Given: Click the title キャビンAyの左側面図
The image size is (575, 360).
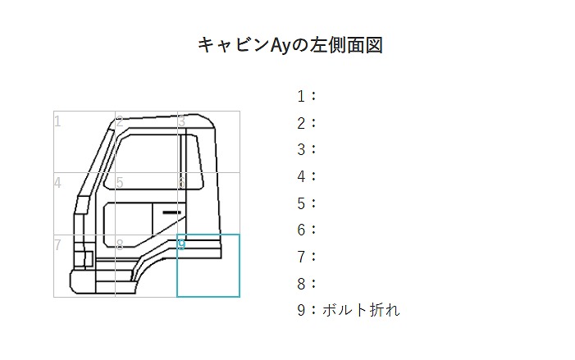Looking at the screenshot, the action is [290, 45].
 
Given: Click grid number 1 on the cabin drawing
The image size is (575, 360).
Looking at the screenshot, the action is [57, 121].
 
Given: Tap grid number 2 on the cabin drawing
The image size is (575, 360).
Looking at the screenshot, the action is [120, 121].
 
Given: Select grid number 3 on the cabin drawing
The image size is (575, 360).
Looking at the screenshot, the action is [181, 121].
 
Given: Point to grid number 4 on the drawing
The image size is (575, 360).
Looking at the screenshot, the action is [57, 183].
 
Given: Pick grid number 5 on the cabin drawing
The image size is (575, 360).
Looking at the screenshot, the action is [120, 183].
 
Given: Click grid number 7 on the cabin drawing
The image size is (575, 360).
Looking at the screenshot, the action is [57, 244].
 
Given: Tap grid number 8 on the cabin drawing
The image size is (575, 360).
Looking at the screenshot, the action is [120, 244].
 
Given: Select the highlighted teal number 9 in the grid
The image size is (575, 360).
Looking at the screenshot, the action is [182, 244].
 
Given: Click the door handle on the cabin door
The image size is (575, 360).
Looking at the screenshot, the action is [171, 212].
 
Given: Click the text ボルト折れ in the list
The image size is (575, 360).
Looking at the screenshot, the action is [361, 310].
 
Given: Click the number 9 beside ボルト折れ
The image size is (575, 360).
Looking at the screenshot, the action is [301, 310].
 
